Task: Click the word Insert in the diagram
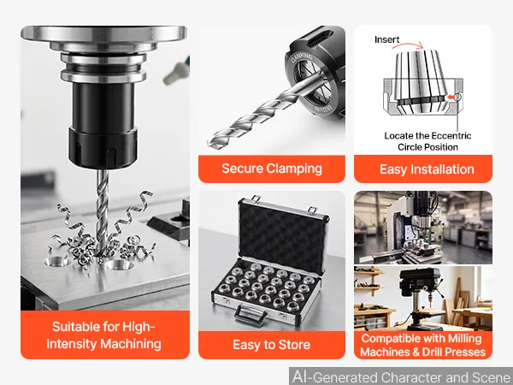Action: [x=387, y=39]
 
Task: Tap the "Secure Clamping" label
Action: [x=272, y=169]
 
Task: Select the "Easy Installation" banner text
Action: [x=427, y=169]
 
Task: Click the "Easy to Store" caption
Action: [x=272, y=345]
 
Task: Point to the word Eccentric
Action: [x=451, y=135]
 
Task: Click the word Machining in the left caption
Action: [x=131, y=343]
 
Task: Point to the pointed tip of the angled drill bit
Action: [x=210, y=145]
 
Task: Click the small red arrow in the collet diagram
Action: [x=451, y=97]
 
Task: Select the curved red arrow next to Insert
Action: [x=408, y=45]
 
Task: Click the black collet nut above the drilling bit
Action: [x=103, y=148]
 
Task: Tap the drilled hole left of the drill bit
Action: [x=57, y=261]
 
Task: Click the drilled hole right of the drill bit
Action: [x=120, y=264]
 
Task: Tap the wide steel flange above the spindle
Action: [x=103, y=34]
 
